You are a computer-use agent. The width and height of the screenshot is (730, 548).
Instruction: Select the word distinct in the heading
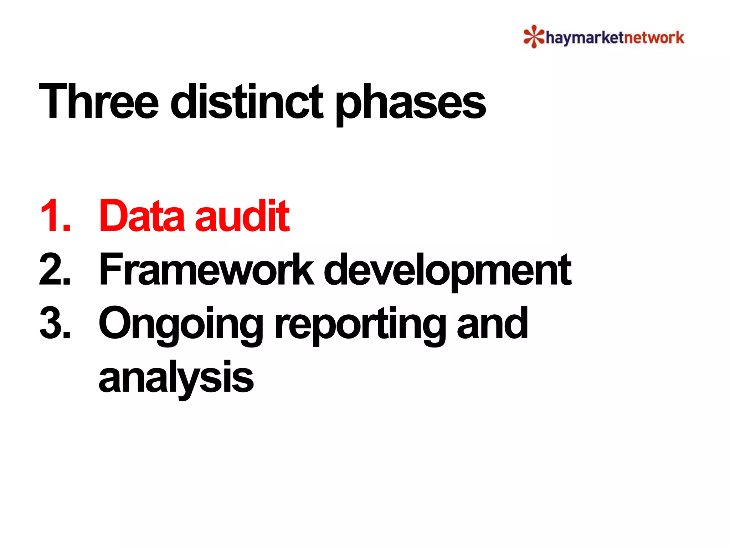click(x=247, y=101)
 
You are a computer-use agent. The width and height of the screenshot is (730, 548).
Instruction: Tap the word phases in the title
click(x=411, y=103)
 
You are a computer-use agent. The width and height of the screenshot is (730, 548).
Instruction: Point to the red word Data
click(x=140, y=216)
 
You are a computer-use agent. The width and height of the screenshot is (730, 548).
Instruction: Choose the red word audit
click(x=242, y=216)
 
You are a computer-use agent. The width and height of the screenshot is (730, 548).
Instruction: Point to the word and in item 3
click(x=492, y=323)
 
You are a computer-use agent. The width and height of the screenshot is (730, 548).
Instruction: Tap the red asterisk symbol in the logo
click(x=534, y=36)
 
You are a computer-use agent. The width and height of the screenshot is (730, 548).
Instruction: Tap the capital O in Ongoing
click(x=118, y=323)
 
